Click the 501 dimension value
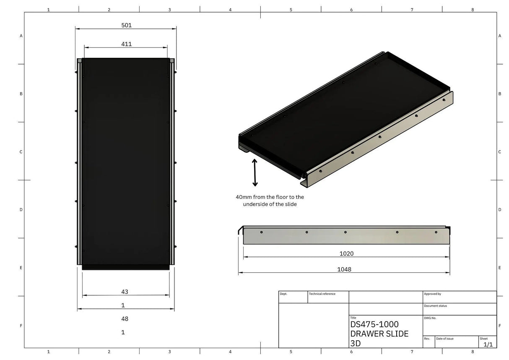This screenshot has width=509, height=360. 127,25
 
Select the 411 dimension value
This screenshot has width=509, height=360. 127,44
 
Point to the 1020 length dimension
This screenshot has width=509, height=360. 346,253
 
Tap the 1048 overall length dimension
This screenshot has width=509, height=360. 344,269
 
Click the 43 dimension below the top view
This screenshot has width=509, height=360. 125,292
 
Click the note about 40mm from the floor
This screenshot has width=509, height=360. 270,200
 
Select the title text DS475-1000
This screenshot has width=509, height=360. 374,324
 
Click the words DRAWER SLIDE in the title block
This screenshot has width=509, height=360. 379,334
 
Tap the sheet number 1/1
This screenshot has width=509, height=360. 488,344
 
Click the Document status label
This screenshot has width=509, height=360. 435,306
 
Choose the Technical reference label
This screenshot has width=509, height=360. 322,294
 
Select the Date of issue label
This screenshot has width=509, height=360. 445,339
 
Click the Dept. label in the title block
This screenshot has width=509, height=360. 283,294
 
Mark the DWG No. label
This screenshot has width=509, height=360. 430,318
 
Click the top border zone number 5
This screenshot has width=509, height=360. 291,9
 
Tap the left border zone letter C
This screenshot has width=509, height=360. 21,152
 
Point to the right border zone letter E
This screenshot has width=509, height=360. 500,268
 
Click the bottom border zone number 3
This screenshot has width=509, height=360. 169,352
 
